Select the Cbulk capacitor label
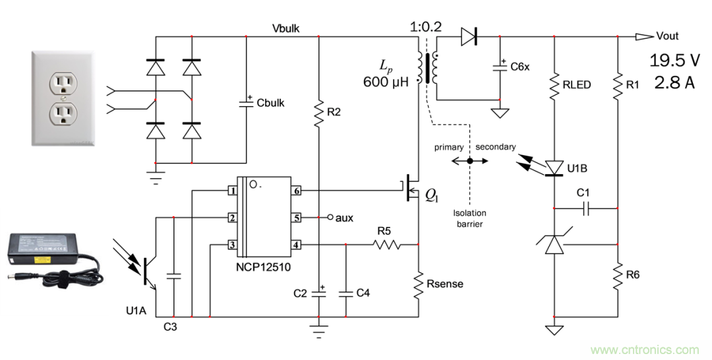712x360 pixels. pos(270,103)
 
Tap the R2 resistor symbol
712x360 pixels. pos(318,112)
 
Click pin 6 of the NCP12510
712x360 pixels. pos(297,191)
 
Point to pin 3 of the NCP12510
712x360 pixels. pos(232,245)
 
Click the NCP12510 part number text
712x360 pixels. pos(264,268)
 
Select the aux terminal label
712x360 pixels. pos(344,217)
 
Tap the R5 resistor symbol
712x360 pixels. pos(387,245)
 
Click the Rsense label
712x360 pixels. pos(444,284)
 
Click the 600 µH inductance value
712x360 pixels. pos(386,82)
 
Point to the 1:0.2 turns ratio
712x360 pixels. pos(427,28)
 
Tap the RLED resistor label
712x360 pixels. pos(577,84)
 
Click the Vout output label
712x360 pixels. pos(667,36)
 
